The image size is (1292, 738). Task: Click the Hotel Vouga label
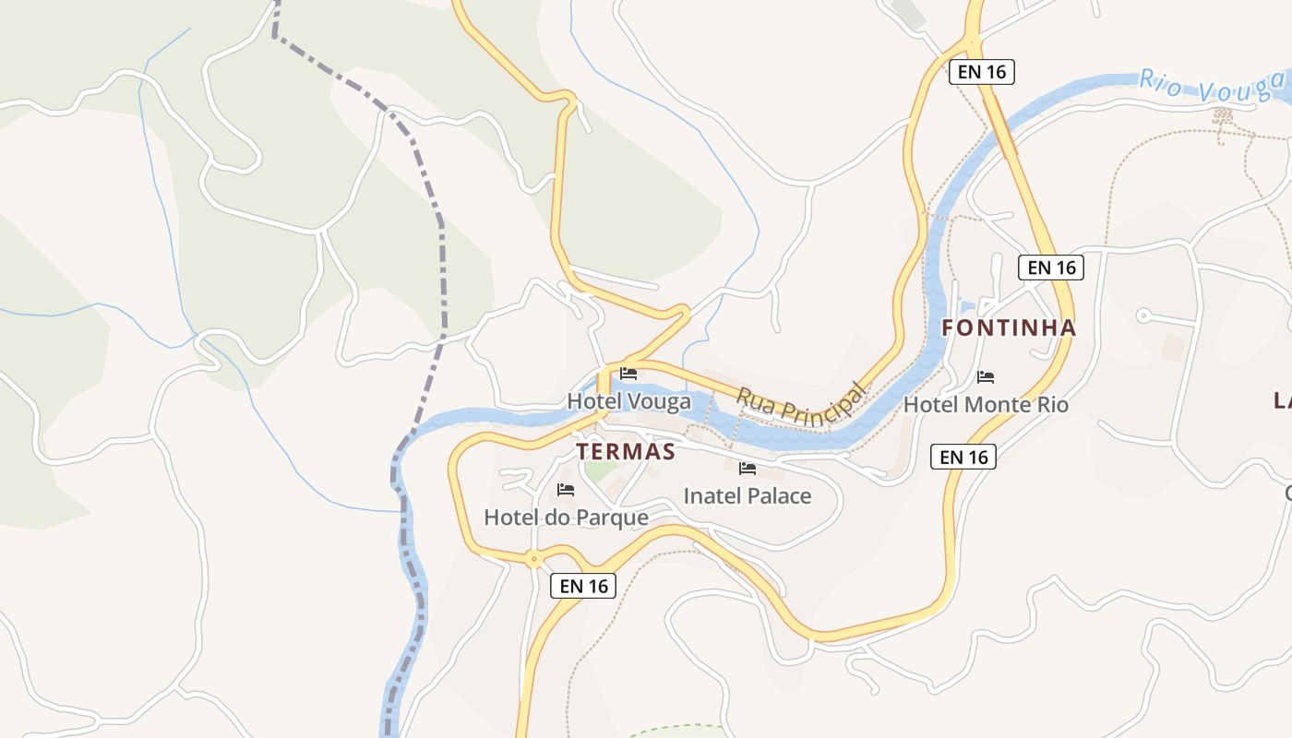628,401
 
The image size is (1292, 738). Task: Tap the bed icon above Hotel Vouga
628,374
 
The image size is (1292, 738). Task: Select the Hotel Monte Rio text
986,404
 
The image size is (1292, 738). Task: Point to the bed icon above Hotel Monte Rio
986,376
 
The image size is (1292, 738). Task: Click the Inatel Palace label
748,495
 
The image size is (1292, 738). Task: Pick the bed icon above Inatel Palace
748,469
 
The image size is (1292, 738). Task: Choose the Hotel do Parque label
566,518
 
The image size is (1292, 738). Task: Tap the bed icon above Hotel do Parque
566,489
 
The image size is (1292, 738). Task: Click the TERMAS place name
626,451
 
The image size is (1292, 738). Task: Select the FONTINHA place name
1009,327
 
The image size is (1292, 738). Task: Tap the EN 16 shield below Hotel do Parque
583,585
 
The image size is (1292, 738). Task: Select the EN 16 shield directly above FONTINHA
1050,268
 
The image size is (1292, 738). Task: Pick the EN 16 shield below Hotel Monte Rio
963,456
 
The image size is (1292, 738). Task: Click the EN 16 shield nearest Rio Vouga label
982,71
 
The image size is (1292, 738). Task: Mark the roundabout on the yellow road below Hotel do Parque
533,558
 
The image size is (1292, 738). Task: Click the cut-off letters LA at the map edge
1282,399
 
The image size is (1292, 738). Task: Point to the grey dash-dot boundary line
442,277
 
